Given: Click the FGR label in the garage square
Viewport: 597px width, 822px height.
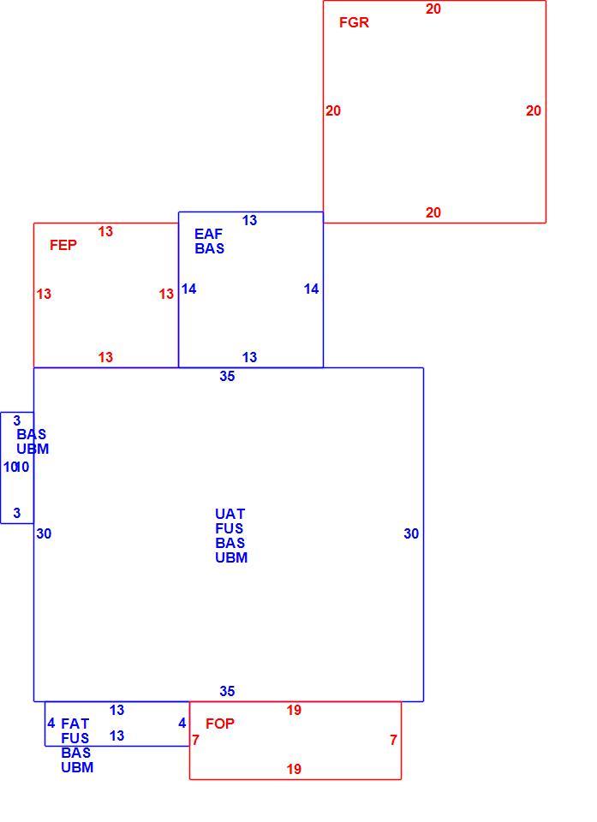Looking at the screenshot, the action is [x=354, y=22].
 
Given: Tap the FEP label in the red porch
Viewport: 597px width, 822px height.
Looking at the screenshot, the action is [x=63, y=245].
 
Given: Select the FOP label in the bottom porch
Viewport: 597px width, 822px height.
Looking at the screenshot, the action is [x=220, y=724].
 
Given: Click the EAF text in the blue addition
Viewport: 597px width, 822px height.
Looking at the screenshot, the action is [x=208, y=233].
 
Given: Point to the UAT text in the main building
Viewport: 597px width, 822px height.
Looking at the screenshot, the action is [x=230, y=514].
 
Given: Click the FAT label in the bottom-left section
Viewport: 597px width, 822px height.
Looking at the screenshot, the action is [x=75, y=724].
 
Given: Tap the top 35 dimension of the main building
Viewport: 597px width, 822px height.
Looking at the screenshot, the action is [x=227, y=376].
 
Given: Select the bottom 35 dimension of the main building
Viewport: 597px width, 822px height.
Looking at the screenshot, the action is [x=227, y=691].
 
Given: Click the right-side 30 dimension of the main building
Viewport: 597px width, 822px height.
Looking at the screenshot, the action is [x=411, y=533].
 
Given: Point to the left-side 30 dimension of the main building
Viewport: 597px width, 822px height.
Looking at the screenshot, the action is [x=44, y=533].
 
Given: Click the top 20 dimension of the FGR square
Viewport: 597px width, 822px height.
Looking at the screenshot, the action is [x=433, y=9].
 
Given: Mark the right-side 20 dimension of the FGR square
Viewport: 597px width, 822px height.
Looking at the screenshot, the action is [x=534, y=110].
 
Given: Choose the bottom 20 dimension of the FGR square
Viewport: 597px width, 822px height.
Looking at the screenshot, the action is [x=433, y=212].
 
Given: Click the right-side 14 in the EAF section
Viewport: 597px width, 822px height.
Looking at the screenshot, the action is [x=311, y=289].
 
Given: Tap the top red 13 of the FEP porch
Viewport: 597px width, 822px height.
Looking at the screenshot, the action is [x=105, y=231].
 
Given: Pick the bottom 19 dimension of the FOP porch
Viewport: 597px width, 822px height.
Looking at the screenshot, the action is [x=294, y=769].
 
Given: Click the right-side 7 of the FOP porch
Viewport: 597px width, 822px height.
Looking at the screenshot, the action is [x=393, y=740].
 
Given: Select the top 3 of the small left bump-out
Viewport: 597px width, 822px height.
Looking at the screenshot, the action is [x=17, y=420].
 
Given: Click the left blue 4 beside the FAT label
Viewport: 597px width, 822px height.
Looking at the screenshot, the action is [x=51, y=724].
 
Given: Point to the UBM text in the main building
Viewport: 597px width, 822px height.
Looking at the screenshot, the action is [x=231, y=557].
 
